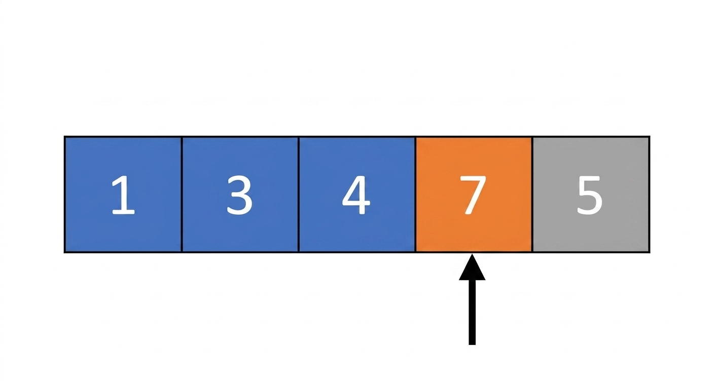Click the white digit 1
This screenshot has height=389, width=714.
(123, 195)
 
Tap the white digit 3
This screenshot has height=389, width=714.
(239, 195)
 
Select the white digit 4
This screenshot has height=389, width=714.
(356, 195)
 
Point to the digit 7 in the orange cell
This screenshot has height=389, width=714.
(473, 195)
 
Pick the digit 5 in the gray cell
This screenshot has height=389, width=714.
(590, 195)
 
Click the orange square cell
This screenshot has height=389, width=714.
(474, 194)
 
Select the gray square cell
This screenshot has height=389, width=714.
(591, 194)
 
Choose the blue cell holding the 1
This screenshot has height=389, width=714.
(123, 194)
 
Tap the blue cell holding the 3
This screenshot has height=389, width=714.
(240, 194)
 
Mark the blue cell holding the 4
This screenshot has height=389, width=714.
(357, 194)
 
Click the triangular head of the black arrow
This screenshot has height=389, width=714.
(472, 268)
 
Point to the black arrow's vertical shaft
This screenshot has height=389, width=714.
(472, 313)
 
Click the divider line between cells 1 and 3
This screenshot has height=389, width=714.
(182, 194)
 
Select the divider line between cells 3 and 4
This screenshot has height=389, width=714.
(298, 194)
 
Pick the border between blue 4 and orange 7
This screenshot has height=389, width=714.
(415, 194)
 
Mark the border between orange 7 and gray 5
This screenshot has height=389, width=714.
(532, 194)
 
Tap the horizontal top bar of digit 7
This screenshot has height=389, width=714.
(473, 179)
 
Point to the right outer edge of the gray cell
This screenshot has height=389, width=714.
(649, 194)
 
